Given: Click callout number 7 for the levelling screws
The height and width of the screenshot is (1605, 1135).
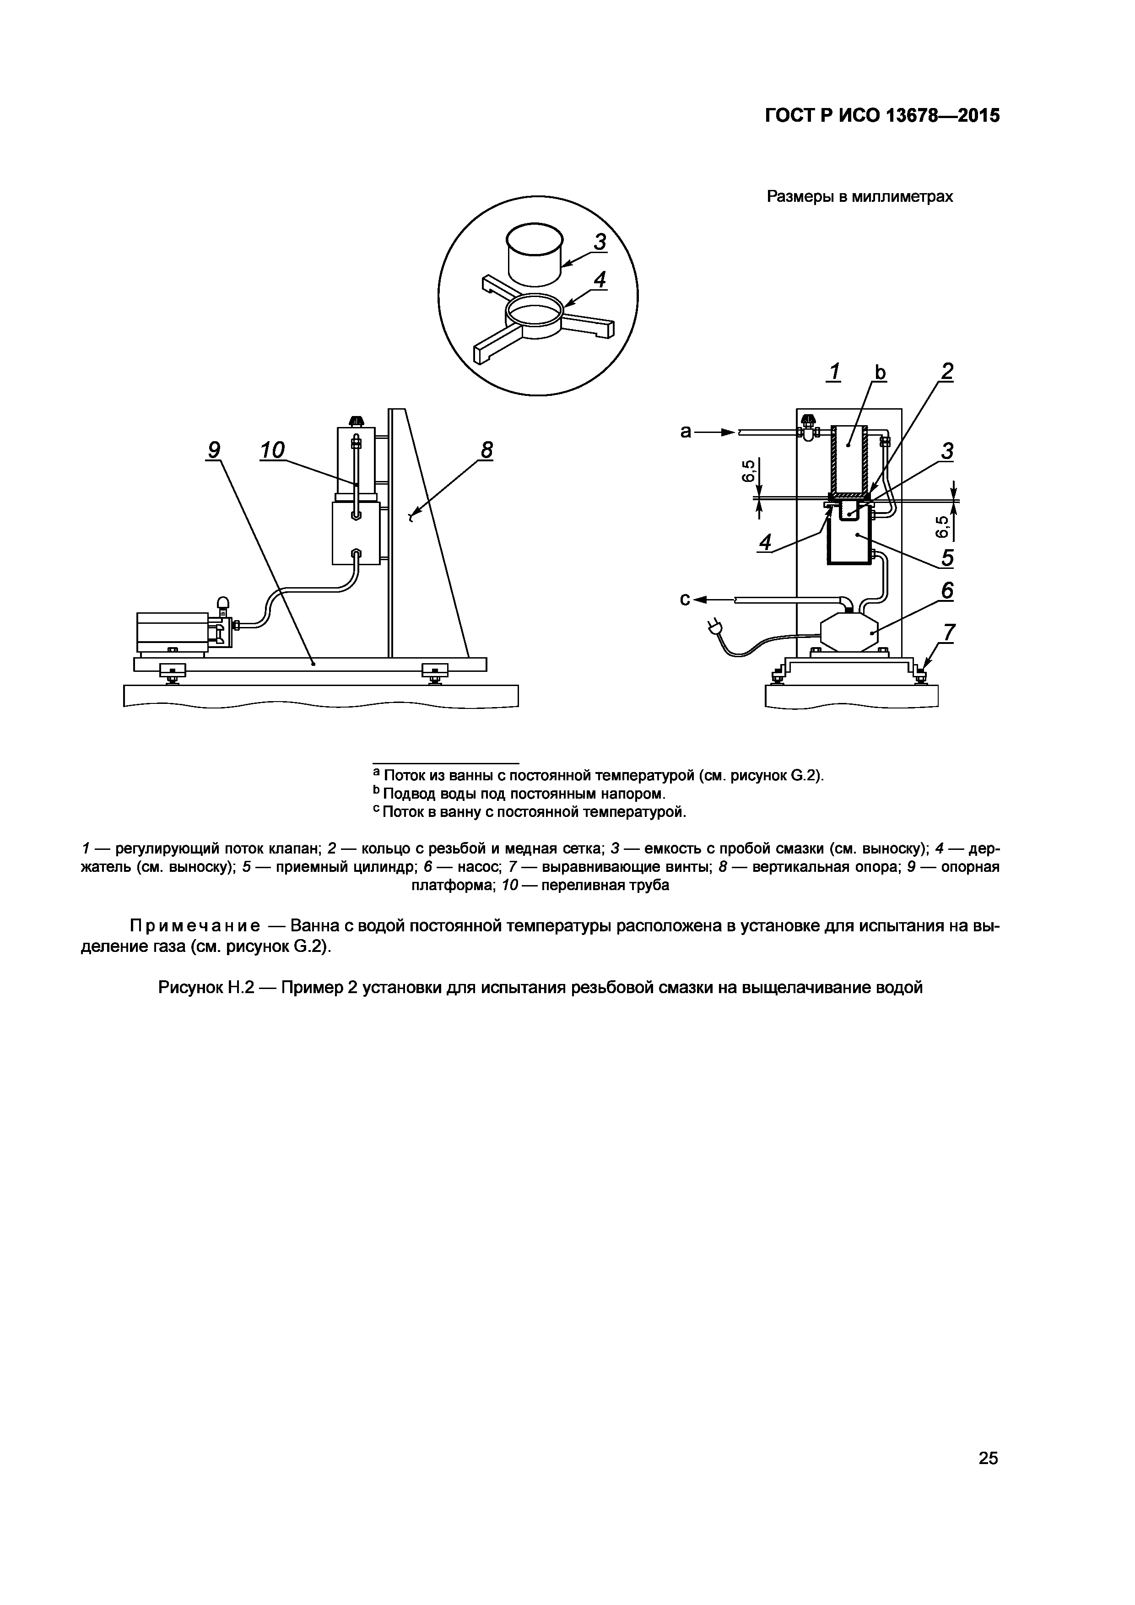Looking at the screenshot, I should (948, 632).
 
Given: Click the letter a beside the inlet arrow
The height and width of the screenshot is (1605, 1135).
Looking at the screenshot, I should (686, 432).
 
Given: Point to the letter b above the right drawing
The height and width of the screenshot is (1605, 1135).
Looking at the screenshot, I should (880, 373).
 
